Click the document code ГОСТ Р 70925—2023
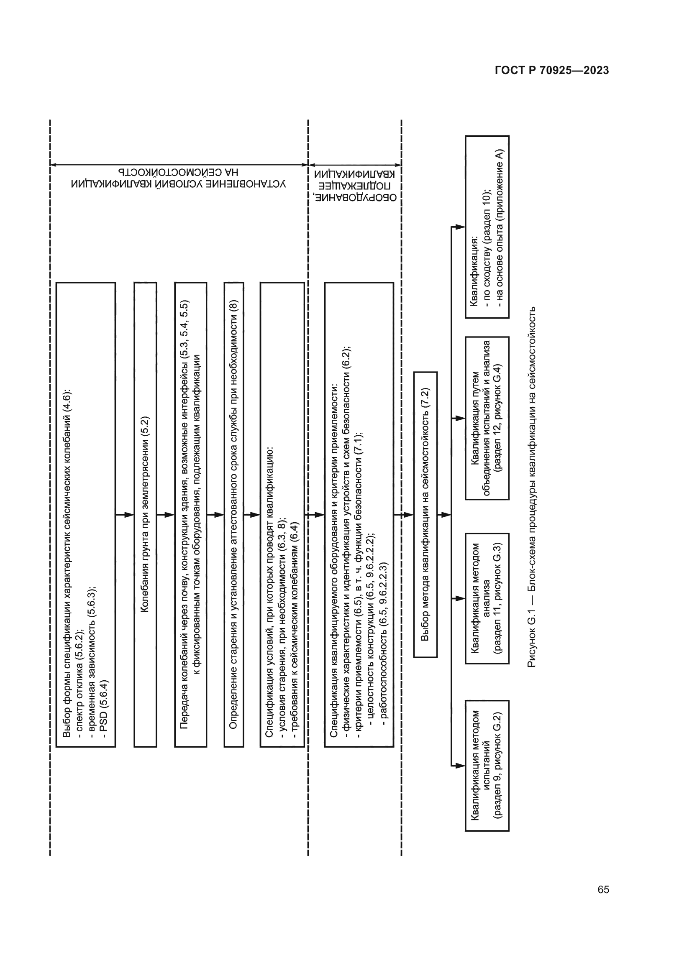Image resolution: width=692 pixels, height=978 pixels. pos(552,70)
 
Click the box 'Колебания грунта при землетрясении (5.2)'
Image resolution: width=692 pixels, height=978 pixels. pos(145,515)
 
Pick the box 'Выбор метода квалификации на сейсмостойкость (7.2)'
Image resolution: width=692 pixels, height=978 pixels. pos(425,515)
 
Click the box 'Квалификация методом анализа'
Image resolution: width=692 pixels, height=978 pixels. pos(487,598)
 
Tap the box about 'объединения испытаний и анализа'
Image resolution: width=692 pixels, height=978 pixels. pos(487,418)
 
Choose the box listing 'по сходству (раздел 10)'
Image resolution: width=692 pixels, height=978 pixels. pos(487,227)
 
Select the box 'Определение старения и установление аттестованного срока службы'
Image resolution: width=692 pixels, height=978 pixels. pos(233,515)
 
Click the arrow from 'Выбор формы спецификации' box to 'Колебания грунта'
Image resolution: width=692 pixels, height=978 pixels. pos(125,515)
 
